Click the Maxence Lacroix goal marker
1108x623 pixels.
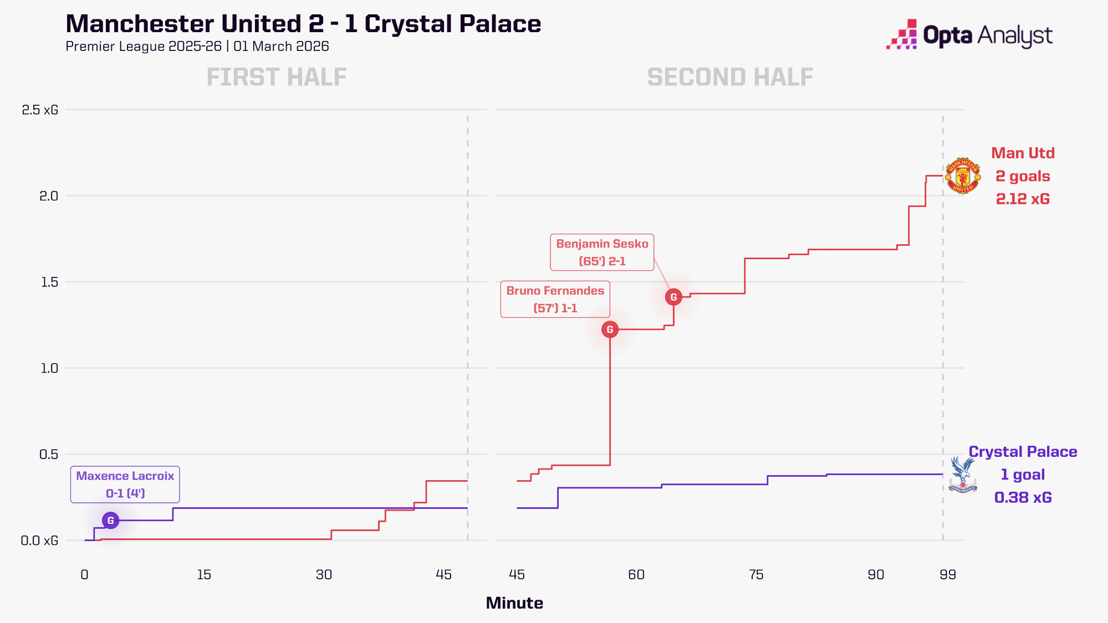(110, 521)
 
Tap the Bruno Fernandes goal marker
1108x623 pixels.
(610, 329)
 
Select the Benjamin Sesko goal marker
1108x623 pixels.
(673, 297)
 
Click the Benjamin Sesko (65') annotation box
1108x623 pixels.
(602, 253)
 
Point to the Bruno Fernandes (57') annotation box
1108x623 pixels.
(555, 299)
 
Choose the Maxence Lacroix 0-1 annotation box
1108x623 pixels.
(125, 485)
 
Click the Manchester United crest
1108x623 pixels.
(963, 176)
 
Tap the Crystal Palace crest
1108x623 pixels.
(963, 475)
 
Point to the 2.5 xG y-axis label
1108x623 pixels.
(40, 110)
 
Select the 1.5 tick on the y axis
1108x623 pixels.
(49, 282)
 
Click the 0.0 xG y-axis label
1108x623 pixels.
(39, 540)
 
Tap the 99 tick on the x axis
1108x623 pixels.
(947, 574)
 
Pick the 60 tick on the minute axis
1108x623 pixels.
(636, 574)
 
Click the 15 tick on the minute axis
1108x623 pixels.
(204, 574)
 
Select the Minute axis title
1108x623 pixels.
(514, 603)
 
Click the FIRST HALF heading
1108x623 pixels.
(277, 77)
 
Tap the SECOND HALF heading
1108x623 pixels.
(730, 77)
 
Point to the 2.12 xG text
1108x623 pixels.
(1023, 199)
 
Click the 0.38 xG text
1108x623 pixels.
(1023, 497)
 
